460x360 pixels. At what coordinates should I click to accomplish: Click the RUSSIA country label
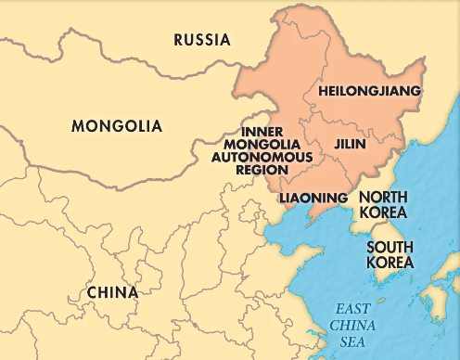pyautogui.click(x=201, y=40)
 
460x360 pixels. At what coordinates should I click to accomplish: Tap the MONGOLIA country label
pyautogui.click(x=117, y=126)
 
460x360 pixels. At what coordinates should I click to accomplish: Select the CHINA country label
pyautogui.click(x=112, y=292)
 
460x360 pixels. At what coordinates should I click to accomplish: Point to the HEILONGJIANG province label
pyautogui.click(x=369, y=91)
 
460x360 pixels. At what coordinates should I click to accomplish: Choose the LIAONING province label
pyautogui.click(x=313, y=198)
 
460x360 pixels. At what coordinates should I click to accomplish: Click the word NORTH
pyautogui.click(x=383, y=197)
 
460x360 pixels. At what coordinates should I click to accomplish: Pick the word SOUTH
pyautogui.click(x=390, y=248)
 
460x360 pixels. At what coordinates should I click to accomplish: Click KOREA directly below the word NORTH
pyautogui.click(x=383, y=212)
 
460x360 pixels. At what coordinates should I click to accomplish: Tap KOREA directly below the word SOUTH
pyautogui.click(x=390, y=263)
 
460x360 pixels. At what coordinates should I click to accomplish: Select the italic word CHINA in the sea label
pyautogui.click(x=355, y=326)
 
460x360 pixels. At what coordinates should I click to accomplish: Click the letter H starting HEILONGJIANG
pyautogui.click(x=322, y=91)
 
